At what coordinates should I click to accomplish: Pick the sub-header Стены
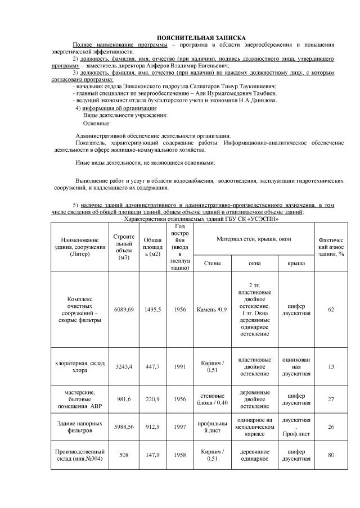tap(212, 262)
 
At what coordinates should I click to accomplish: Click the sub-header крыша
tap(296, 262)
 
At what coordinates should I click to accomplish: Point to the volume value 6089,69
tap(124, 309)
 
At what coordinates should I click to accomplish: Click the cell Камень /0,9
tap(212, 309)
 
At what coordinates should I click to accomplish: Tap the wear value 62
tap(330, 309)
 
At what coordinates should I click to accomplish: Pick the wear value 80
tap(330, 455)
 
